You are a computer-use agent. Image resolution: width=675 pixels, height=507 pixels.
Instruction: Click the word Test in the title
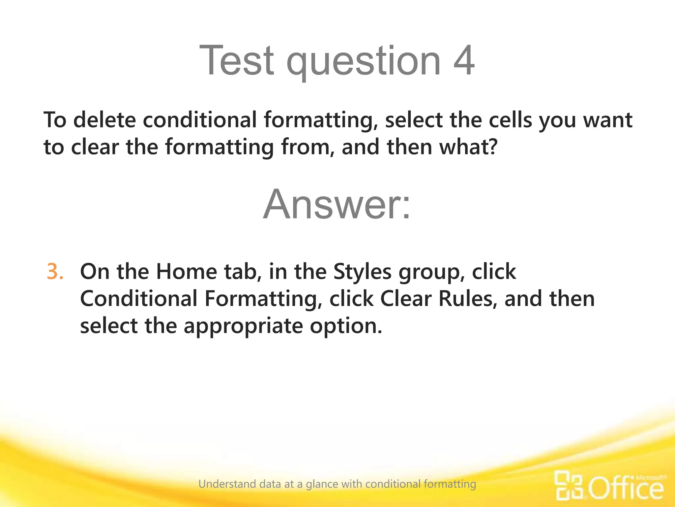pyautogui.click(x=236, y=61)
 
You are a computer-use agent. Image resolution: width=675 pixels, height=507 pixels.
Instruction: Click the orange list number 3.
pyautogui.click(x=54, y=272)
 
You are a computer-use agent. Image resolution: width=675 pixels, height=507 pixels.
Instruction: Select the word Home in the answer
pyautogui.click(x=186, y=272)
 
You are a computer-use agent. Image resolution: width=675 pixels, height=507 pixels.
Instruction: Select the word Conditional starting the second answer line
pyautogui.click(x=139, y=299)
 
